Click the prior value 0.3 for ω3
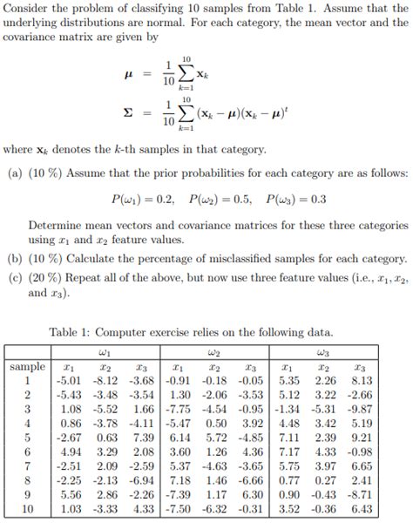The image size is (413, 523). click(315, 200)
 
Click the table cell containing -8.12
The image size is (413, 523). click(105, 381)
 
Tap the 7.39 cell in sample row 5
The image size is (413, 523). click(145, 437)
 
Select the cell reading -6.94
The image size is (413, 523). click(143, 479)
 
